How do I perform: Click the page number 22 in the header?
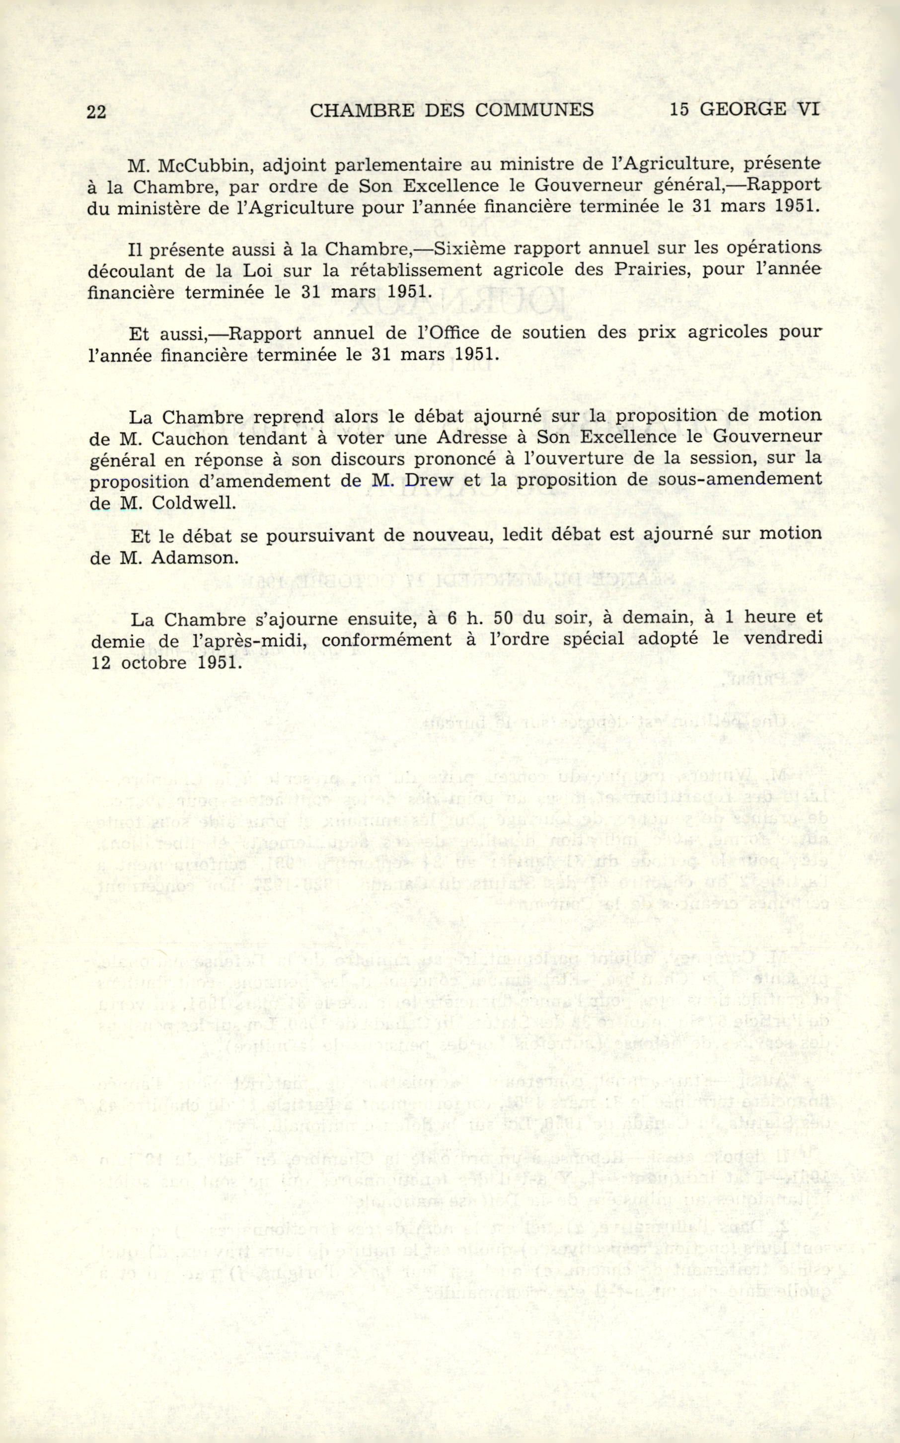tap(96, 111)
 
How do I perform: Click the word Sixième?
tap(468, 249)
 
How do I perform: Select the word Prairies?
tap(651, 270)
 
